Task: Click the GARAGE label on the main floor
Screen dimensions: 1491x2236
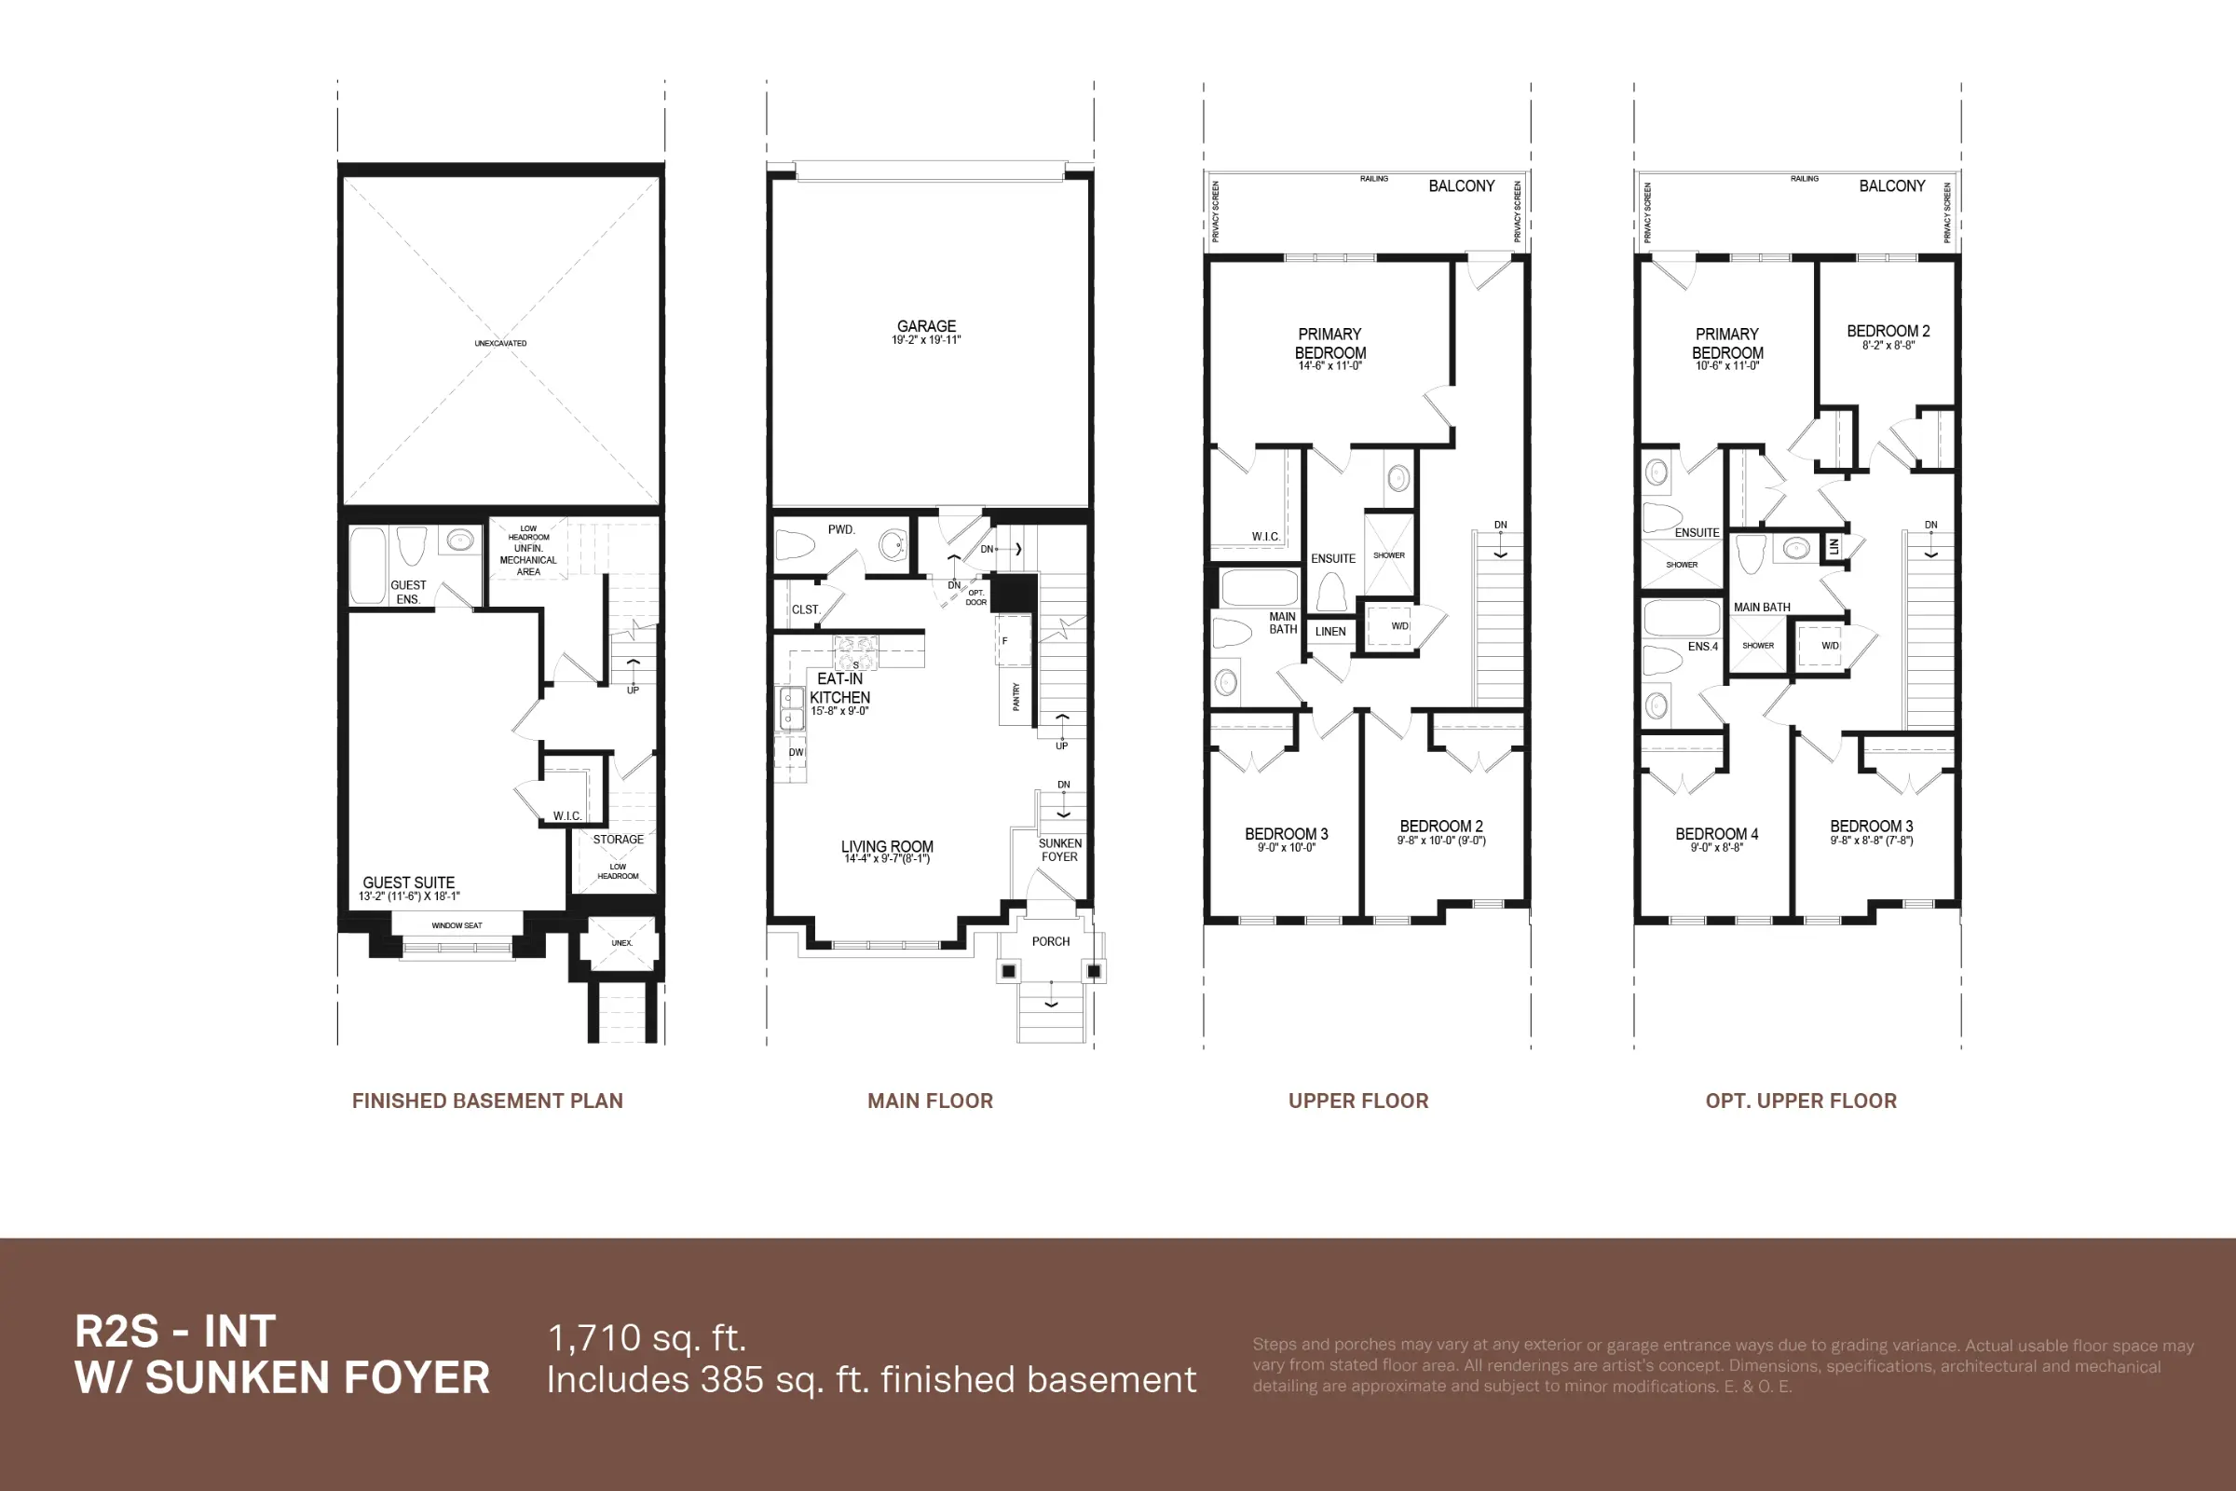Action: coord(926,327)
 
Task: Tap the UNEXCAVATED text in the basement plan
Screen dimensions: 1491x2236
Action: coord(500,343)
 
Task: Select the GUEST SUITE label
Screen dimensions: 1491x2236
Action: coord(409,882)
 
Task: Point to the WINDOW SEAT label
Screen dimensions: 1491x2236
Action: coord(457,925)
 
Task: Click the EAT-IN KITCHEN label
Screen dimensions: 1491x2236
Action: coord(839,689)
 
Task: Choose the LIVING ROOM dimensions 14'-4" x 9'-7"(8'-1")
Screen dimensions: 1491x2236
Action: coord(886,858)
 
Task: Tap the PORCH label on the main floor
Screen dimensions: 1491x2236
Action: coord(1051,941)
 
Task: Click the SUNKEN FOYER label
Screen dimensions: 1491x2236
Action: coord(1059,850)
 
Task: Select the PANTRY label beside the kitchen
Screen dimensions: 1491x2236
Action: coord(1016,696)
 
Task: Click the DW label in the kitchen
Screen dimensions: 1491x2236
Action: coord(796,752)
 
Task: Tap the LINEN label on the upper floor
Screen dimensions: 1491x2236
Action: coord(1330,632)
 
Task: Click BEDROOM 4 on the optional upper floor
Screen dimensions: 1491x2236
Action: coord(1716,834)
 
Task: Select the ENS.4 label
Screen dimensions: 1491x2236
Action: coord(1703,647)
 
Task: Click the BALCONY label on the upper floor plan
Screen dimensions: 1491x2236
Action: coord(1461,186)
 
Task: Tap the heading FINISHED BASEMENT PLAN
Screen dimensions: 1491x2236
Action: coord(486,1101)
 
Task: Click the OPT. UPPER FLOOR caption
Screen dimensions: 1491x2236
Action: coord(1801,1101)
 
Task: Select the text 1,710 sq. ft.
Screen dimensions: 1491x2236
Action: coord(647,1338)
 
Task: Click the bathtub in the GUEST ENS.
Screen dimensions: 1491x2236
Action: coord(367,566)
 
